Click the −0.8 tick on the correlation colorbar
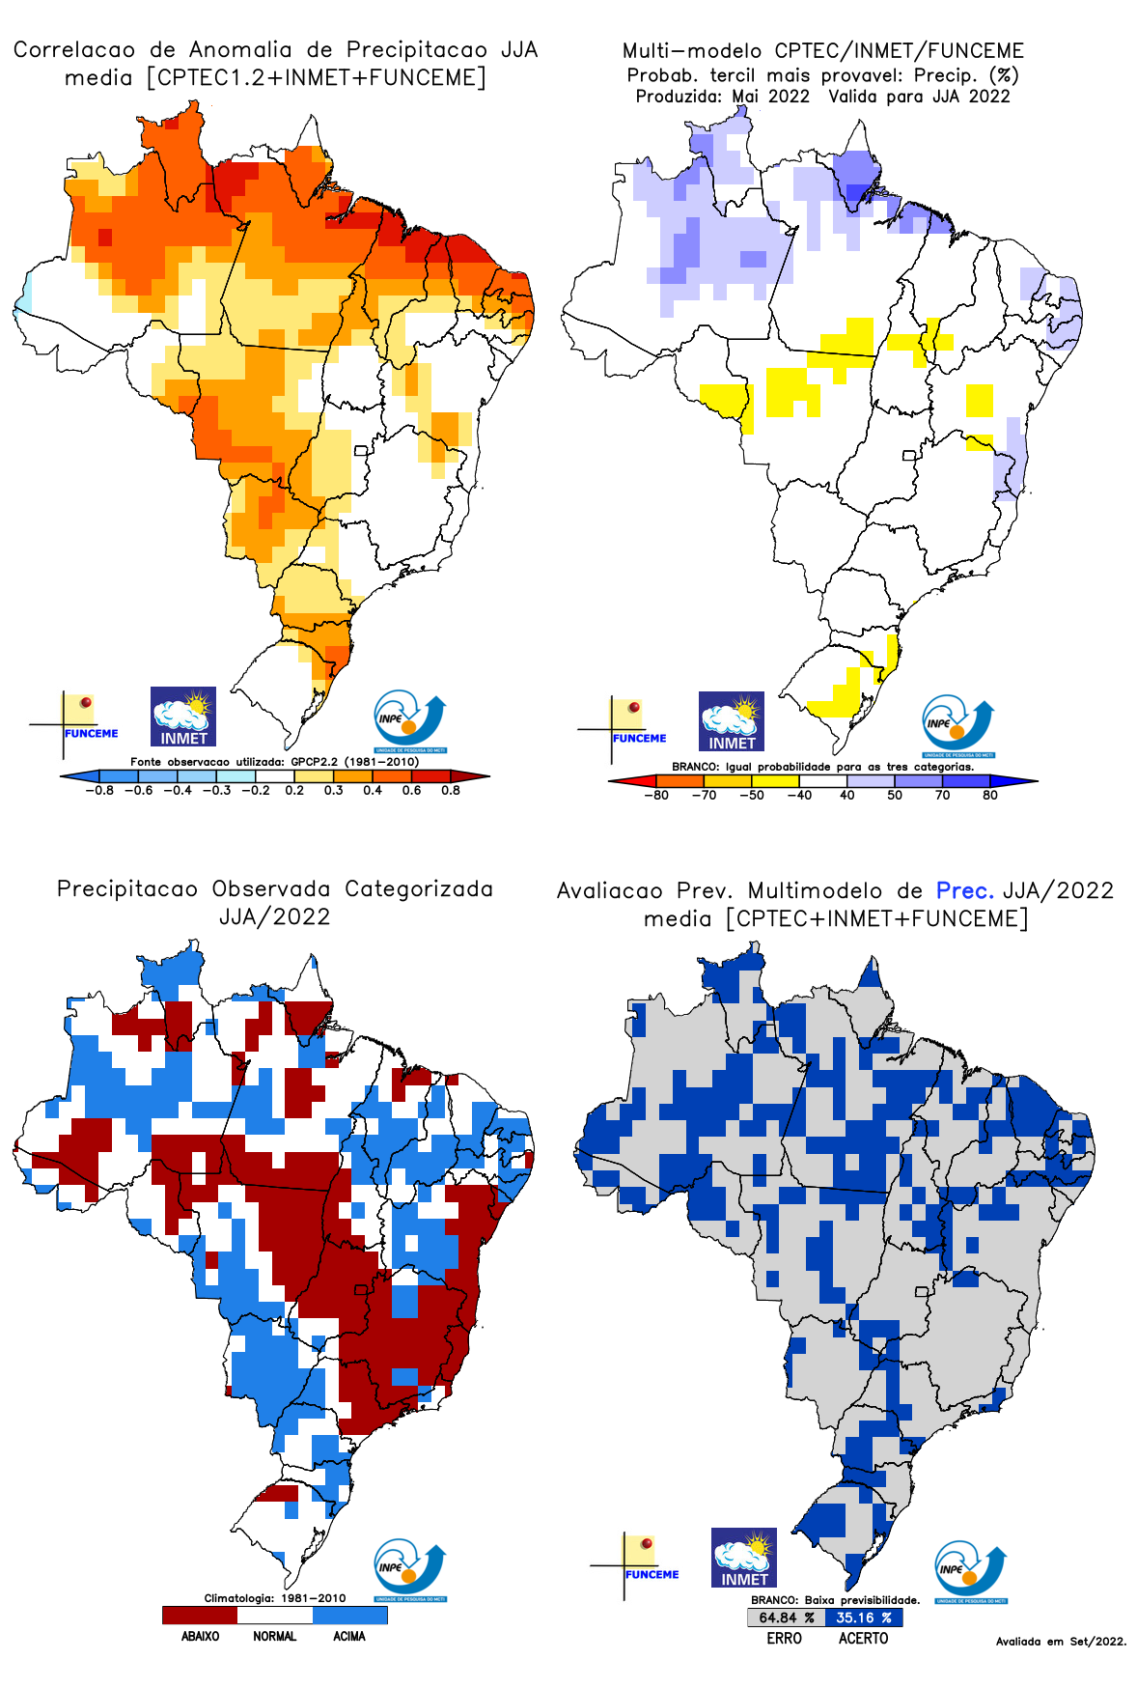pos(99,790)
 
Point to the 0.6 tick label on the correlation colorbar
pos(411,790)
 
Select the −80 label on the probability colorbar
pos(656,796)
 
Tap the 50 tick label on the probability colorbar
pos(895,796)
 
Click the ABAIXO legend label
pos(200,1637)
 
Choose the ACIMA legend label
pos(349,1637)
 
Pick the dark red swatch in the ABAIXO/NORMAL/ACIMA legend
pos(200,1615)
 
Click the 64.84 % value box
pos(786,1618)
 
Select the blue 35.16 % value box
pos(864,1618)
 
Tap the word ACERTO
pos(863,1639)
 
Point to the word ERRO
pos(784,1639)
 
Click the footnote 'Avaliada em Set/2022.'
pos(1061,1642)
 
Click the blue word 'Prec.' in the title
pos(964,890)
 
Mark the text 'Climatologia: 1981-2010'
pos(274,1598)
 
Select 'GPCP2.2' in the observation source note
pos(315,762)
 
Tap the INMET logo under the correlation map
pos(183,717)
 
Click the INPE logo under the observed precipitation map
pos(410,1571)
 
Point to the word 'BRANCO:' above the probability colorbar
pos(695,767)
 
